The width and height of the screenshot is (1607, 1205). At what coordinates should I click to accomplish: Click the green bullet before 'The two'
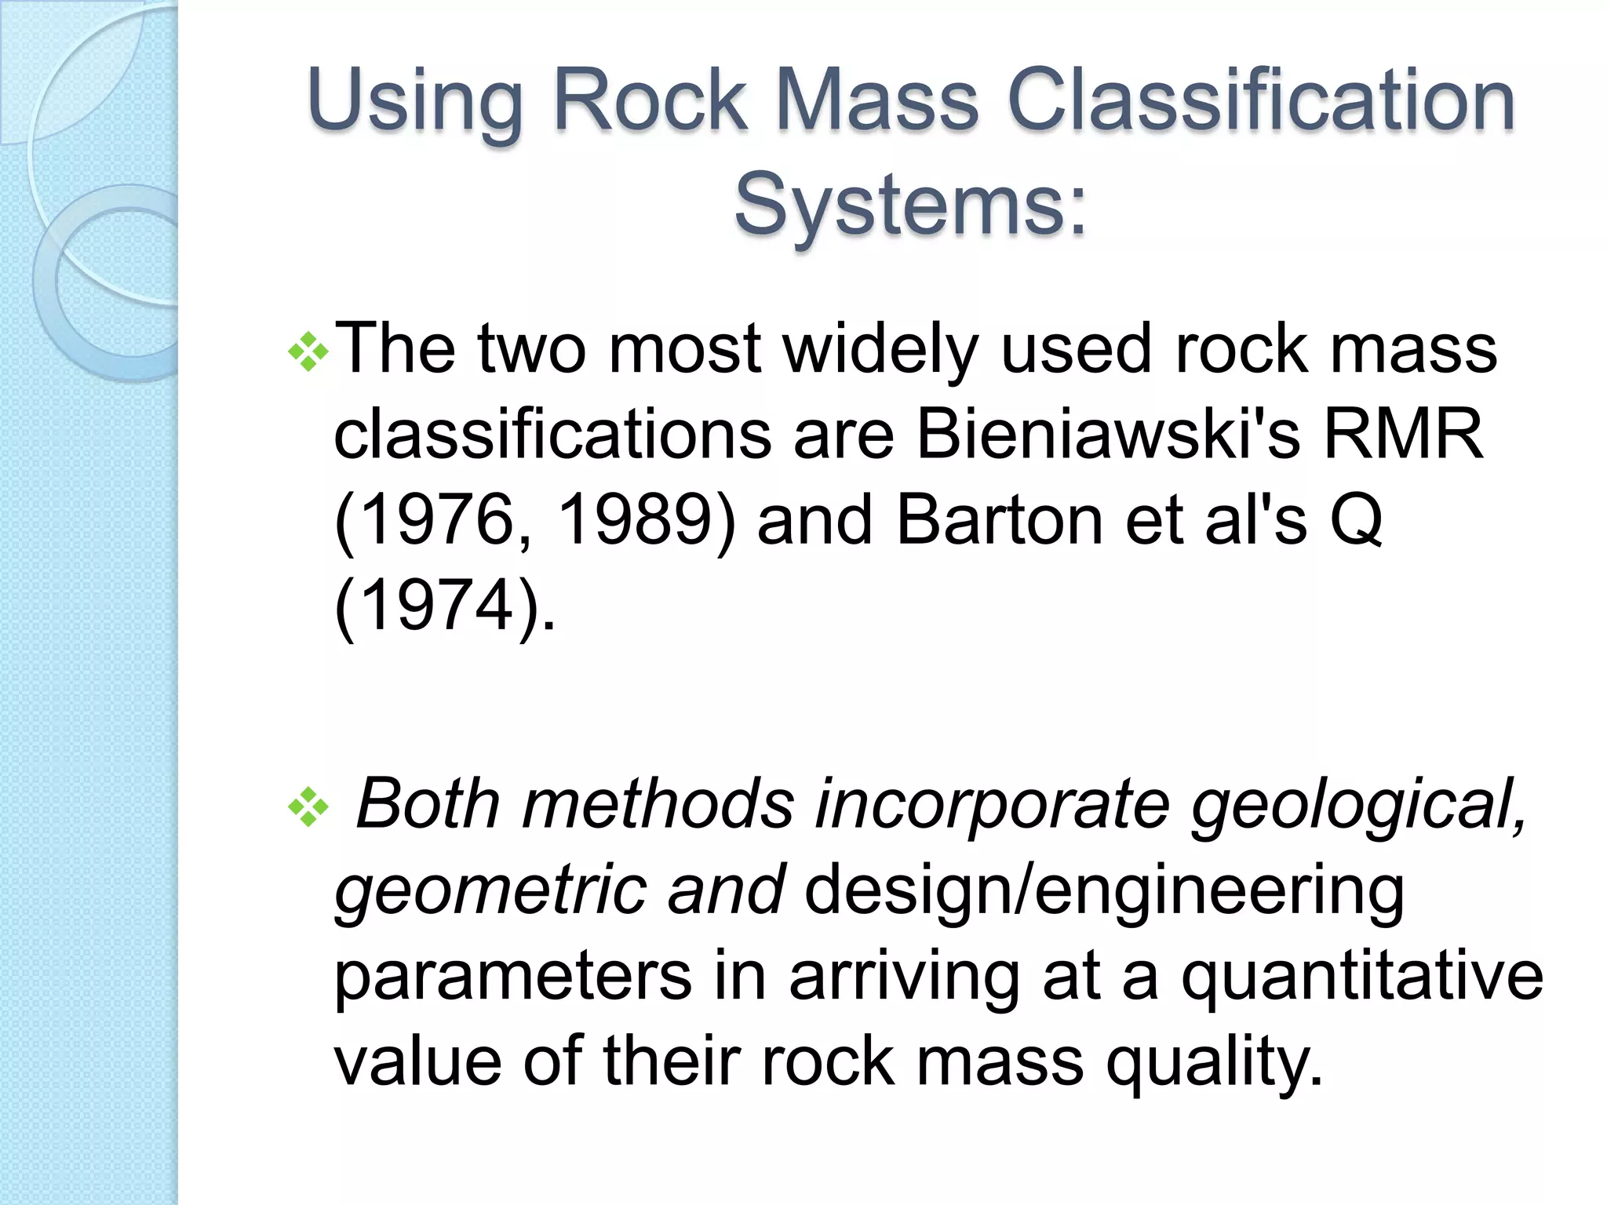(308, 351)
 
